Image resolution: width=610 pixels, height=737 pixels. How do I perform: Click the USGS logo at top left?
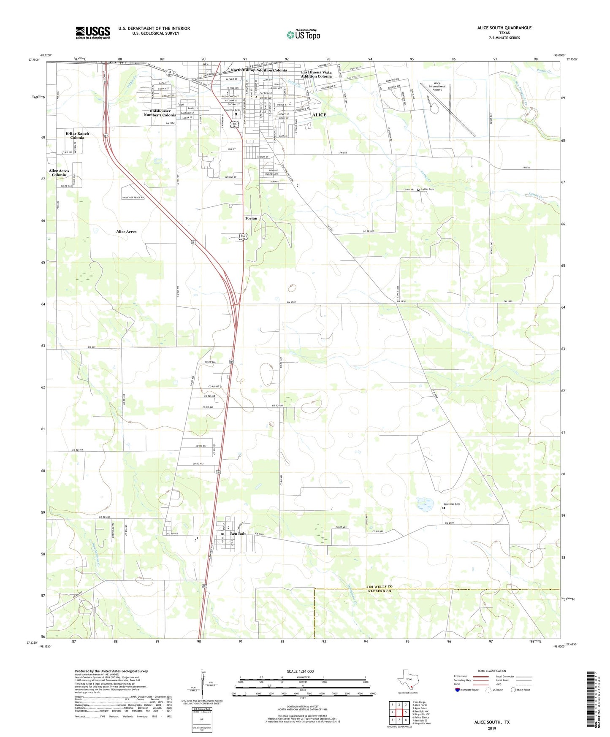click(93, 33)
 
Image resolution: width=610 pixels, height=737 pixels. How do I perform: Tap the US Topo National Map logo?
click(303, 35)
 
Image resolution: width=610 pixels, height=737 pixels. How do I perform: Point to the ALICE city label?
click(319, 115)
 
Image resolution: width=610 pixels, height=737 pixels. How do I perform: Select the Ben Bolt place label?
click(238, 534)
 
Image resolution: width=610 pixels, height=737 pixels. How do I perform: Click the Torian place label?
click(251, 218)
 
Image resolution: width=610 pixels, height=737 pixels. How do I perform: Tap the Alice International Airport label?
click(437, 87)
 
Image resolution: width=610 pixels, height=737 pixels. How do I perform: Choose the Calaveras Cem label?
click(451, 504)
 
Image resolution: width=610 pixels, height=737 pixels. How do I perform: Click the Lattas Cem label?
click(428, 190)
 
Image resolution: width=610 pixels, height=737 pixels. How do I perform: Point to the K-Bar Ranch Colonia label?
click(77, 135)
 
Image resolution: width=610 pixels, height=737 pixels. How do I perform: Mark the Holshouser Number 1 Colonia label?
click(160, 113)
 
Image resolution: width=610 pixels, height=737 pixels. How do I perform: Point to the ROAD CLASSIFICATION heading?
click(492, 671)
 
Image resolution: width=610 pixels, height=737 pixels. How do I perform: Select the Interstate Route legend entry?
click(466, 690)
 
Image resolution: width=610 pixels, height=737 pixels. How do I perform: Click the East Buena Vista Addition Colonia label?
click(316, 74)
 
